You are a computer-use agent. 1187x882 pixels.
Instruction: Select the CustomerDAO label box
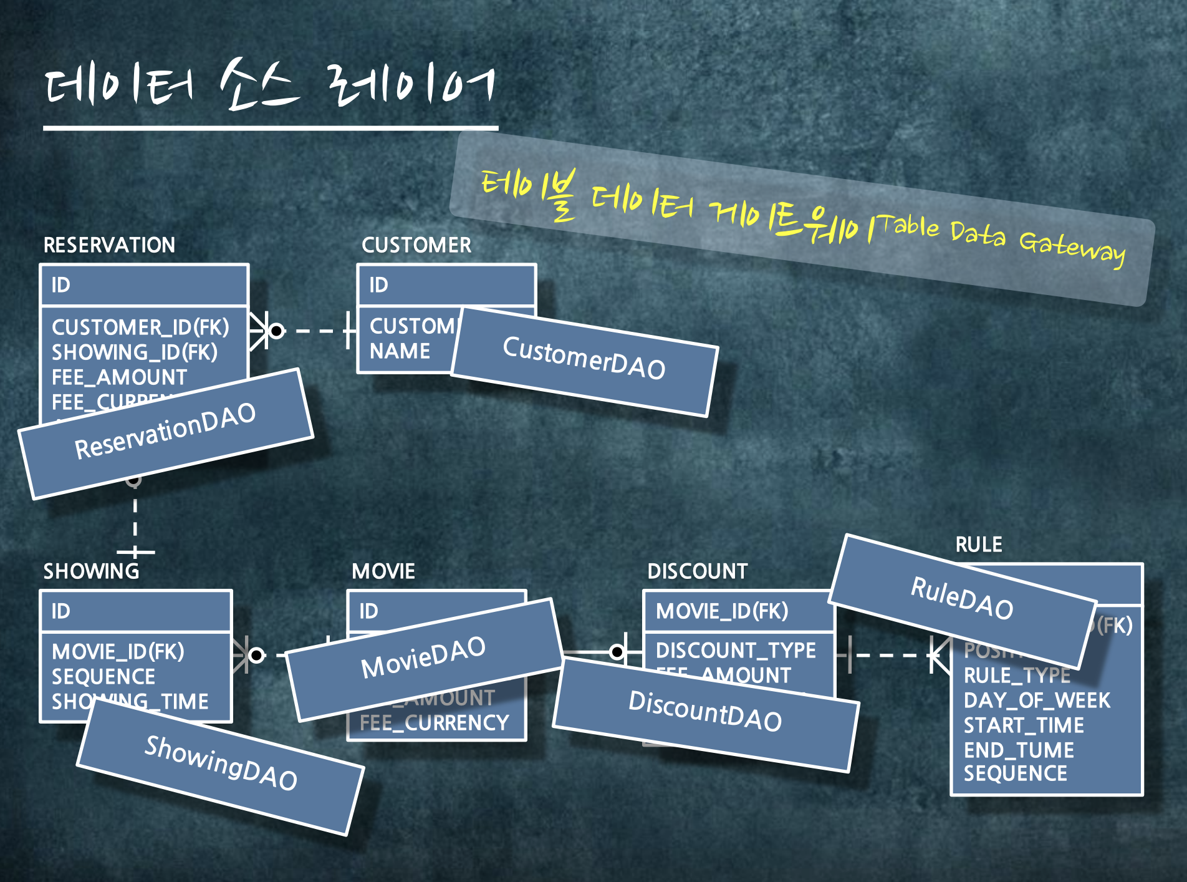pos(584,361)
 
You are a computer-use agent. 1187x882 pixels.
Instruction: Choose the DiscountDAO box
pos(705,712)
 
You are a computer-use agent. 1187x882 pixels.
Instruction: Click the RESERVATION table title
pos(109,245)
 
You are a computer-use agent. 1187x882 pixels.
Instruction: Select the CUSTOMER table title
pos(416,245)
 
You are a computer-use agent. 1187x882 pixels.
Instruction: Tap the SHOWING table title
pos(91,571)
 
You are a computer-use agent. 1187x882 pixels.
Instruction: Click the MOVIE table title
pos(383,571)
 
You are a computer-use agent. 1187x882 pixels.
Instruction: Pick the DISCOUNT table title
pos(698,571)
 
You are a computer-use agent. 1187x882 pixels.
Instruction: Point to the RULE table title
pos(979,545)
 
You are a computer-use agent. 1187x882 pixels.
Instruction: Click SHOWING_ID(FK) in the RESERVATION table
pos(135,352)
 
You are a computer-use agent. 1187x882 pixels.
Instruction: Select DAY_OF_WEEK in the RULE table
pos(1037,700)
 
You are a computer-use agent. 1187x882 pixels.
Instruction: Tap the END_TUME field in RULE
pos(1019,750)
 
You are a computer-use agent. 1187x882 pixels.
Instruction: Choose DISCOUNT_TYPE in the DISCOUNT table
pos(736,651)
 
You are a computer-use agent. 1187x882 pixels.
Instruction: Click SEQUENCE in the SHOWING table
pos(103,677)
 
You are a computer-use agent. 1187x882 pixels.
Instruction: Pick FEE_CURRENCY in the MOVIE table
pos(435,723)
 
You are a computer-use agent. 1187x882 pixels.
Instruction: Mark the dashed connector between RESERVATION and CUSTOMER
pos(315,331)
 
